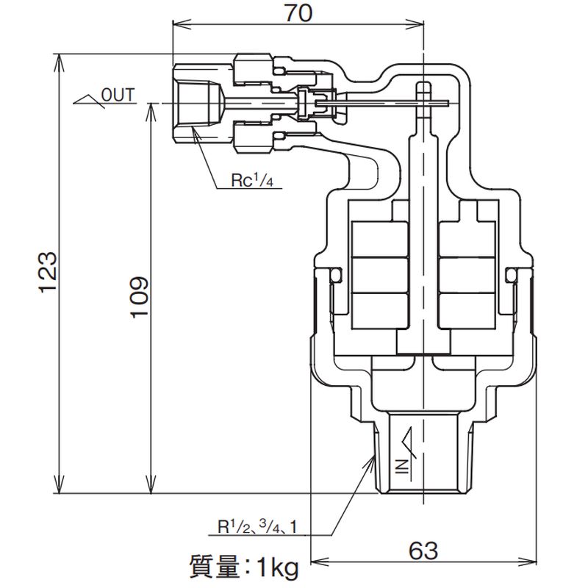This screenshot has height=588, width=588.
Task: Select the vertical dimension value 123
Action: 47,273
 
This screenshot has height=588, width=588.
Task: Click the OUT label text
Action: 118,93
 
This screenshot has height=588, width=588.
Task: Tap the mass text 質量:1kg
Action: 242,567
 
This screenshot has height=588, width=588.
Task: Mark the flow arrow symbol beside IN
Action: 409,441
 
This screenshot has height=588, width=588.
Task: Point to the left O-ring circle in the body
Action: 337,274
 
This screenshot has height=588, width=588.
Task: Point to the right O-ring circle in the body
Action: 512,274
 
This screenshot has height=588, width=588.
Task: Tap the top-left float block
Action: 379,237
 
